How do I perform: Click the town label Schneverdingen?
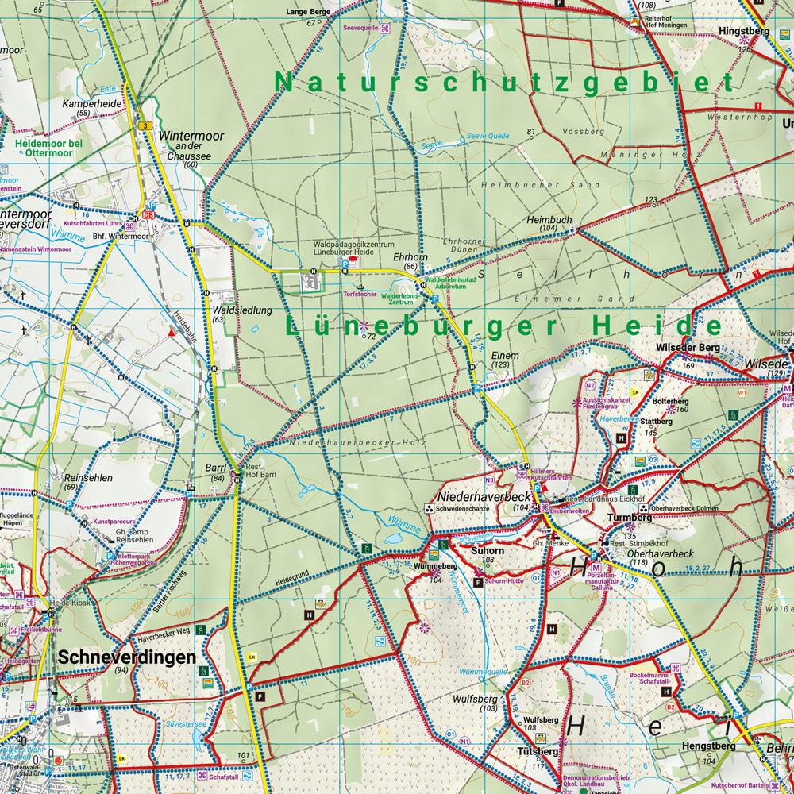(126, 657)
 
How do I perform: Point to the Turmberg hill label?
(629, 517)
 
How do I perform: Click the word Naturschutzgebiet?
(503, 83)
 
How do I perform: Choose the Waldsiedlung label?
(231, 310)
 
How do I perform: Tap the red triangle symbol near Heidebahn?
(170, 334)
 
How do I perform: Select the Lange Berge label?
(309, 13)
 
